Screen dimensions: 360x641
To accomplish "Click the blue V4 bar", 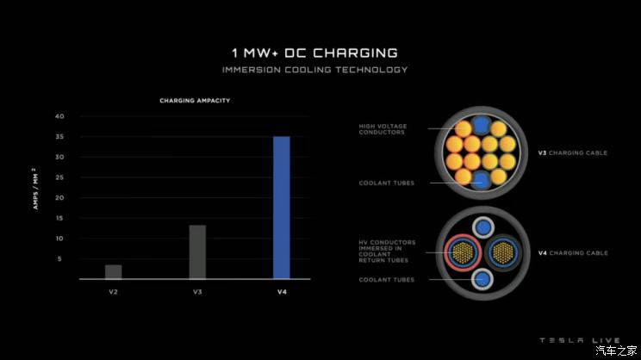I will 282,208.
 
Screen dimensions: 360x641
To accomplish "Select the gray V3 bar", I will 197,251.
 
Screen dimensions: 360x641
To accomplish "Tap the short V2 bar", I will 113,271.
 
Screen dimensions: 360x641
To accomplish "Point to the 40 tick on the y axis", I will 59,116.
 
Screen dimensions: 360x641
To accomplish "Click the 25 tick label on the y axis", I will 59,177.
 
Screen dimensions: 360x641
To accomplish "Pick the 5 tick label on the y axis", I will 60,258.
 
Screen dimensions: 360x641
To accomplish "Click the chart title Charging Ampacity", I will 195,101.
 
